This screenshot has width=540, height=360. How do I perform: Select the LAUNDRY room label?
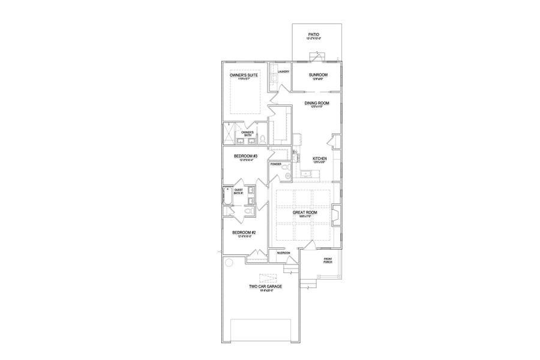point(284,71)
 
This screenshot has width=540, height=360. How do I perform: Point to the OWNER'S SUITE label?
point(244,76)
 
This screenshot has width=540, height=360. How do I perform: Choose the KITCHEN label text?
point(319,159)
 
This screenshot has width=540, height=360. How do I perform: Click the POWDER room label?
point(276,164)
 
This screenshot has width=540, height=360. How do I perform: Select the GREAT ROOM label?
point(305,212)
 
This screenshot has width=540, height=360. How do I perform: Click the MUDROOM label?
point(283,253)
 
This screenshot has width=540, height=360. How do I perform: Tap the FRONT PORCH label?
point(328,260)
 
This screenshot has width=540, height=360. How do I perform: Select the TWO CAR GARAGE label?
point(265,287)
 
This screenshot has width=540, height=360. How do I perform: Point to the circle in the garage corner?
point(229,263)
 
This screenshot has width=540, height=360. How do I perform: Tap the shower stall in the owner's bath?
point(229,133)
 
